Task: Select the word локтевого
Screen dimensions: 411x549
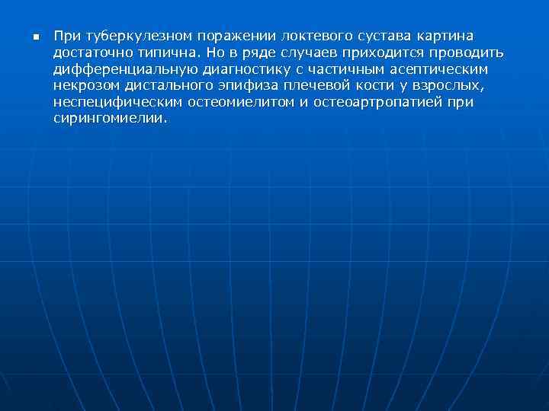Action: (x=314, y=37)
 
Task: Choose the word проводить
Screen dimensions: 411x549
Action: (x=466, y=53)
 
